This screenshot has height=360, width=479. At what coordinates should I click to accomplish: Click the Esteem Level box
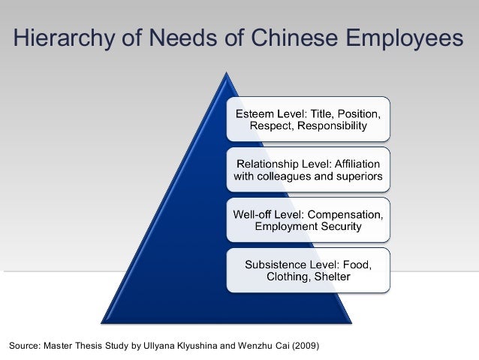[x=309, y=119]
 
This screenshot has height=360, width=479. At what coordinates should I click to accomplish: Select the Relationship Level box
[x=309, y=171]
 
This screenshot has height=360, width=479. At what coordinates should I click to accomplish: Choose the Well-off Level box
[x=309, y=220]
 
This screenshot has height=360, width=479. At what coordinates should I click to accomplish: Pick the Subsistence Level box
[x=309, y=270]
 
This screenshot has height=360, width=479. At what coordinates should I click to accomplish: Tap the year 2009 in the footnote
[x=305, y=346]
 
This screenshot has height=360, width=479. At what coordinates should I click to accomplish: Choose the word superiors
[x=357, y=177]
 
